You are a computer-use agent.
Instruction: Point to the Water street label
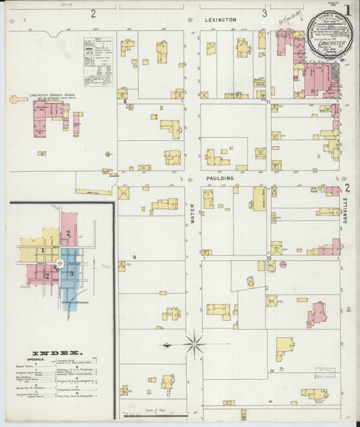192,214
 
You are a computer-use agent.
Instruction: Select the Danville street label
347,211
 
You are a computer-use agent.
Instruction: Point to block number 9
134,257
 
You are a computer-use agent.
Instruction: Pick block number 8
125,102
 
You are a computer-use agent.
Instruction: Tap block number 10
268,257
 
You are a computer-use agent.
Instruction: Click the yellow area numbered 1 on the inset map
43,251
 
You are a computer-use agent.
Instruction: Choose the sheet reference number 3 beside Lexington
264,13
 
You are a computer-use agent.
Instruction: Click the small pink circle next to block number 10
282,264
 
